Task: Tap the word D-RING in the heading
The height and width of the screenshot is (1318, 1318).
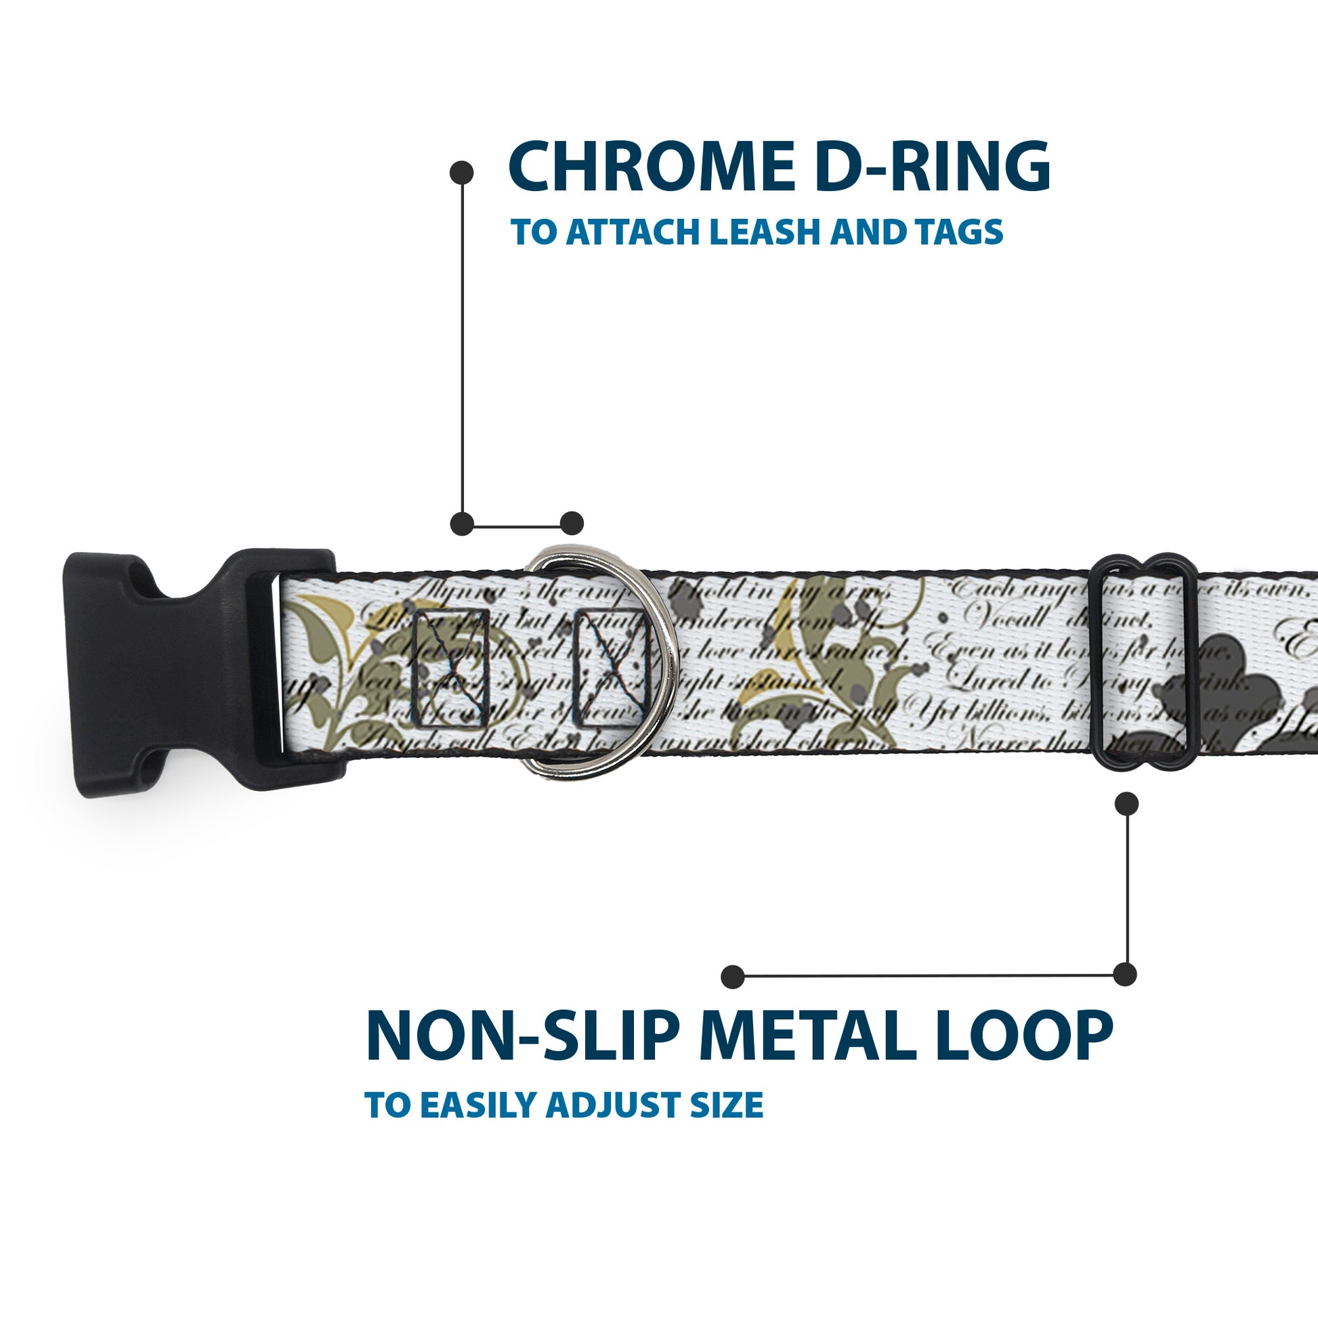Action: coord(932,167)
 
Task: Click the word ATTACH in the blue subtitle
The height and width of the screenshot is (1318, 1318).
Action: coord(635,232)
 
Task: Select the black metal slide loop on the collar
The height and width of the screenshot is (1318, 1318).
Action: coord(1146,661)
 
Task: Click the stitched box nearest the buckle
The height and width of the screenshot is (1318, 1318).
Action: coord(451,668)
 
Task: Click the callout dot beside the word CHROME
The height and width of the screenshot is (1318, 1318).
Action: coord(462,173)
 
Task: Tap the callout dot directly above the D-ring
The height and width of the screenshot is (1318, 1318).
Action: coord(572,524)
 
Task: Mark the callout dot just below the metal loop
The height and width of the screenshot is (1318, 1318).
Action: coord(1126,804)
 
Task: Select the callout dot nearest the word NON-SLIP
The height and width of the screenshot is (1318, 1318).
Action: coord(733,976)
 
